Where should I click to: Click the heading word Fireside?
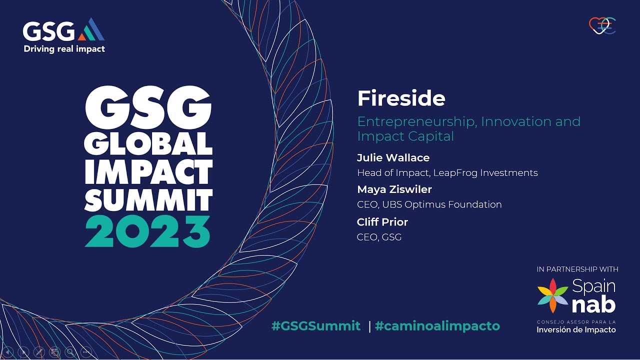pyautogui.click(x=401, y=98)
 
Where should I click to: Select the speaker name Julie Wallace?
pyautogui.click(x=393, y=158)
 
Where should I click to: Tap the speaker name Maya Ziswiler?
pyautogui.click(x=394, y=189)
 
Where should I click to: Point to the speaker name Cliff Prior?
pyautogui.click(x=382, y=221)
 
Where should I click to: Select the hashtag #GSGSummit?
pyautogui.click(x=315, y=326)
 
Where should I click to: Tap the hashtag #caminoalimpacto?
pyautogui.click(x=437, y=326)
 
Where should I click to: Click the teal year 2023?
pyautogui.click(x=147, y=231)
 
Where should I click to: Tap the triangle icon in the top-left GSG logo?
pyautogui.click(x=91, y=29)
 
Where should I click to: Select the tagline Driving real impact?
pyautogui.click(x=64, y=49)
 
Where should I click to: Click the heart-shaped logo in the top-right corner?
pyautogui.click(x=602, y=25)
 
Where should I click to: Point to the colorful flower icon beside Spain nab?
pyautogui.click(x=552, y=295)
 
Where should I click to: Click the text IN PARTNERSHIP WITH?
pyautogui.click(x=577, y=269)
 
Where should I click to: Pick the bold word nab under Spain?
pyautogui.click(x=593, y=303)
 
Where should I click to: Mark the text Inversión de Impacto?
pyautogui.click(x=576, y=330)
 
